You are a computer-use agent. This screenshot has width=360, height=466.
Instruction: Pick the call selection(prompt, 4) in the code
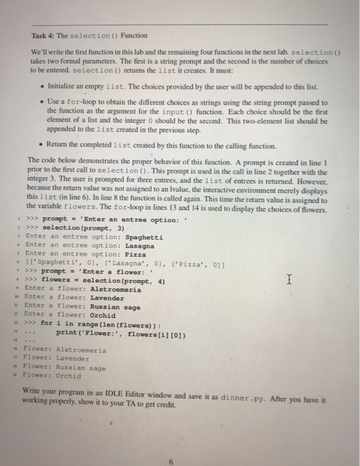120,280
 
